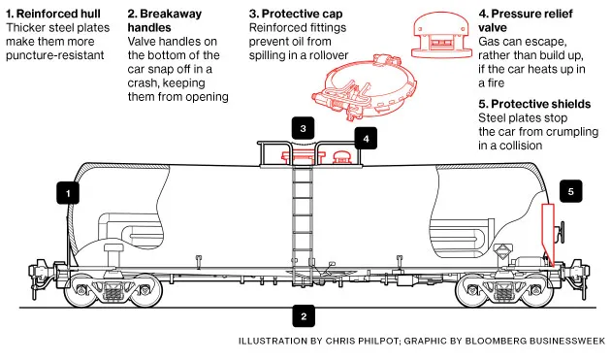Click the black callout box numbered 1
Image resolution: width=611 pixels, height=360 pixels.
(68, 193)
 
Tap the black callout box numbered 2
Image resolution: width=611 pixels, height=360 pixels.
(304, 316)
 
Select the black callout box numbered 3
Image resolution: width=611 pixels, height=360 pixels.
(303, 128)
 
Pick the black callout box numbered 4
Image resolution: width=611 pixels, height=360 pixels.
(366, 138)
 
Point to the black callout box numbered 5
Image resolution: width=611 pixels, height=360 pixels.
(571, 191)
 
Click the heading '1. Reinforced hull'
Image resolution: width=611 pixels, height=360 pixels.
(53, 14)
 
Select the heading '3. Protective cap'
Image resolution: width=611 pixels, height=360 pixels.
(296, 14)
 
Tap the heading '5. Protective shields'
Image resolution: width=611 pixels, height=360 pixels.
(534, 104)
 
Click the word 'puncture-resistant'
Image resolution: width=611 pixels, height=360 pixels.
(55, 55)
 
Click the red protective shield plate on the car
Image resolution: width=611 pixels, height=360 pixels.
(548, 235)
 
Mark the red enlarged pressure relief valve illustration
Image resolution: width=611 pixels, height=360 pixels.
(441, 36)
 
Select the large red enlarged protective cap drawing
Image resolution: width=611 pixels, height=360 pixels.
(364, 86)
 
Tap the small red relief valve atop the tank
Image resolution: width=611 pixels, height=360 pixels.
(341, 157)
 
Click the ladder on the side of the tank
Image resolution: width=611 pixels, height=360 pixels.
(303, 215)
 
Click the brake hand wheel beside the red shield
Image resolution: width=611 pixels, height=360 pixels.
(562, 233)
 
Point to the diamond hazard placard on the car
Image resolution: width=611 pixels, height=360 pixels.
(503, 250)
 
